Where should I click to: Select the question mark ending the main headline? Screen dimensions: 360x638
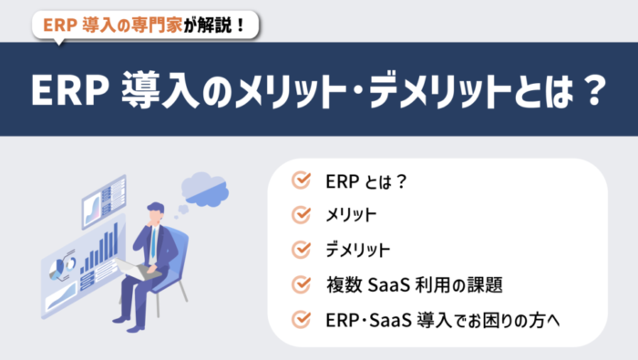pyautogui.click(x=592, y=89)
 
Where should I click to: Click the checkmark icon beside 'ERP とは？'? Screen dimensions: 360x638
pyautogui.click(x=301, y=180)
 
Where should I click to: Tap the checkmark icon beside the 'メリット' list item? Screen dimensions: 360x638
pyautogui.click(x=301, y=215)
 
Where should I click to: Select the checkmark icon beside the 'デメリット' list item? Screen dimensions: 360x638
pyautogui.click(x=301, y=250)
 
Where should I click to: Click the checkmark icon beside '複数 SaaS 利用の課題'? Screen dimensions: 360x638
pyautogui.click(x=301, y=284)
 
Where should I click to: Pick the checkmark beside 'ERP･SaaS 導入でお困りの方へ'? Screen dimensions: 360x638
pyautogui.click(x=301, y=319)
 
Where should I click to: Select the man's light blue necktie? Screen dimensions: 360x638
pyautogui.click(x=152, y=243)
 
